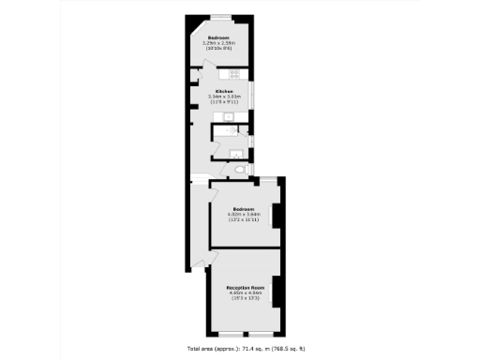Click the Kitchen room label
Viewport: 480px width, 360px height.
pos(223,90)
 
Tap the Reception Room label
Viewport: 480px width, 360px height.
pos(246,287)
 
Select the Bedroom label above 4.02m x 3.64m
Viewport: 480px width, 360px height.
pos(244,208)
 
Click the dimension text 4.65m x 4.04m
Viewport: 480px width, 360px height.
pos(246,292)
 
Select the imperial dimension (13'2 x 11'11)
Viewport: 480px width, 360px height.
pos(244,219)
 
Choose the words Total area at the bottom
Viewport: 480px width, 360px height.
pos(202,349)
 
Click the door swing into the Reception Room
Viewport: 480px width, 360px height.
pos(200,262)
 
